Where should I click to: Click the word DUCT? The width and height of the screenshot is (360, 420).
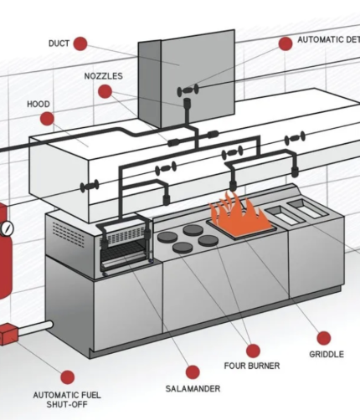pos(59,44)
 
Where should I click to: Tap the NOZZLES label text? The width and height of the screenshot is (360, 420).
pos(103,76)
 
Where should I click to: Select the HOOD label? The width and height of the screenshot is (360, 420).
pos(39,105)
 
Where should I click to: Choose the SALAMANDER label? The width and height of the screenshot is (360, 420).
pos(193,389)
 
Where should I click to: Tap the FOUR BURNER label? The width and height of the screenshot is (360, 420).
pos(252,366)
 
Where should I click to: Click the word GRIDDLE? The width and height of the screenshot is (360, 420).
pos(326,355)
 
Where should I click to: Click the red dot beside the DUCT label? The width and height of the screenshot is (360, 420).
pos(80,44)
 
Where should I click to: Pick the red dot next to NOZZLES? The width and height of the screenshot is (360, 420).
pos(105,91)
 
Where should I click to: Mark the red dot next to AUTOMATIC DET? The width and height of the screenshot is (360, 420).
pos(284,43)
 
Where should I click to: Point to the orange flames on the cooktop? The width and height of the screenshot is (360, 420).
pos(239,212)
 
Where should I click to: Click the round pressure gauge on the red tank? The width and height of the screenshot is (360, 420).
pos(7,228)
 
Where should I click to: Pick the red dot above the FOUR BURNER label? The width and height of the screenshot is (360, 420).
pos(252,348)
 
